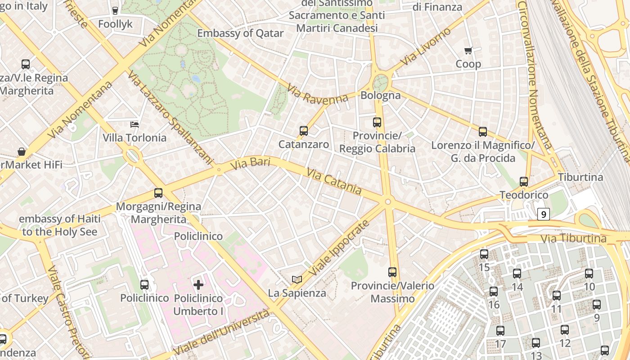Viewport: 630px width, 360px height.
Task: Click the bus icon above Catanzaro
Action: (x=304, y=131)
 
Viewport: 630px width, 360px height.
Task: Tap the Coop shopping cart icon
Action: (x=468, y=51)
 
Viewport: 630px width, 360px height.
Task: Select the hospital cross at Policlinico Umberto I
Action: (x=198, y=284)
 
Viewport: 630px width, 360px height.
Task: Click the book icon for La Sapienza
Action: (x=297, y=279)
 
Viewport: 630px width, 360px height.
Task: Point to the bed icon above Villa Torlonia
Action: (x=134, y=124)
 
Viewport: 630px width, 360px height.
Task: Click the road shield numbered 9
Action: (x=544, y=214)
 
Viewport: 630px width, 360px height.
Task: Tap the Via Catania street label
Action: (x=334, y=181)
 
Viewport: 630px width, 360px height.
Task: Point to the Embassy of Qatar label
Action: (x=240, y=33)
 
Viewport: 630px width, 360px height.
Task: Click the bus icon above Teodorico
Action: (x=524, y=182)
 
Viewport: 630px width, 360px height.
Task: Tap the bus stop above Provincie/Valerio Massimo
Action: (x=392, y=272)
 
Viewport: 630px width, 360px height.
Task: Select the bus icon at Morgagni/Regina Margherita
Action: (x=158, y=193)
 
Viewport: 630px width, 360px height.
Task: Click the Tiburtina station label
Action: (x=580, y=177)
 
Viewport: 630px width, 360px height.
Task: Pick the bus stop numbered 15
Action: (x=484, y=254)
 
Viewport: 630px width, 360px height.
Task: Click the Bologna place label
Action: (x=381, y=95)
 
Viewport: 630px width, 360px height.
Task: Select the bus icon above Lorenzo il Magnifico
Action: (x=483, y=132)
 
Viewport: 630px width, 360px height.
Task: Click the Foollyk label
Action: (x=115, y=24)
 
